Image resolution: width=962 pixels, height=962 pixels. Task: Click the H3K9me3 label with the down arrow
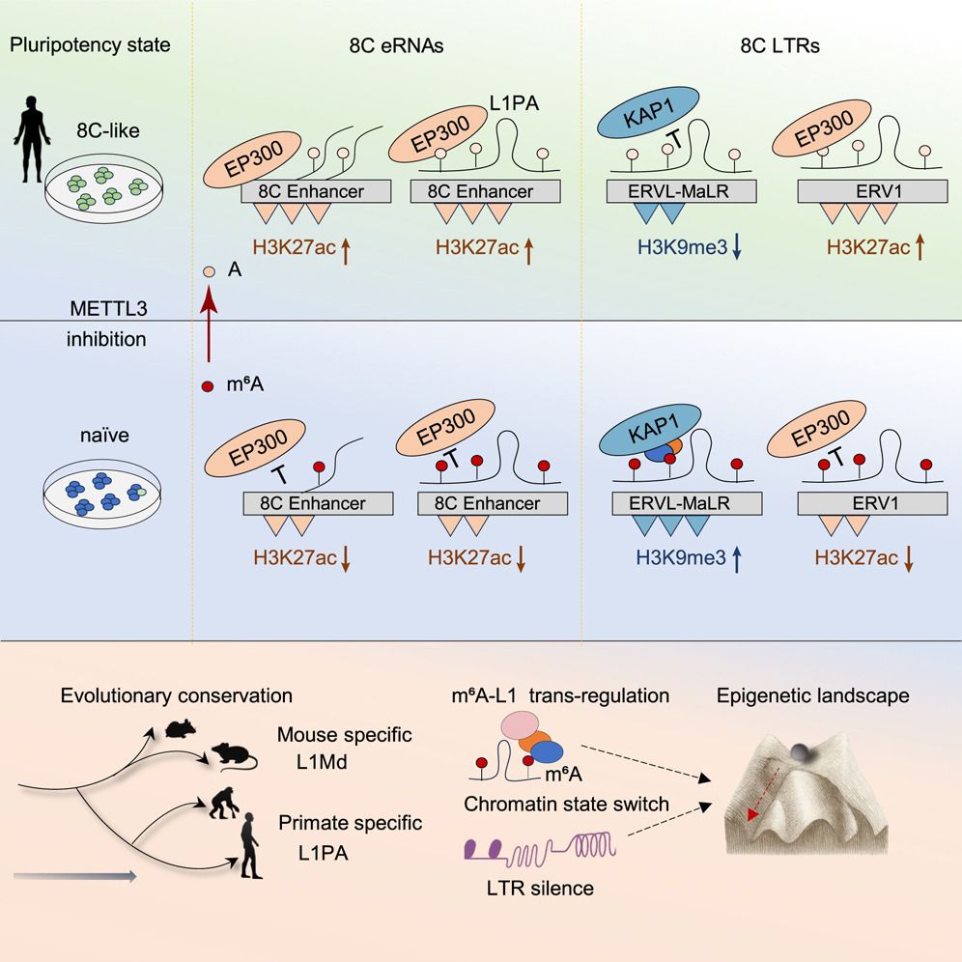click(x=678, y=248)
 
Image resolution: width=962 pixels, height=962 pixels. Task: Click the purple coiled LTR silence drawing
click(x=539, y=851)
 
